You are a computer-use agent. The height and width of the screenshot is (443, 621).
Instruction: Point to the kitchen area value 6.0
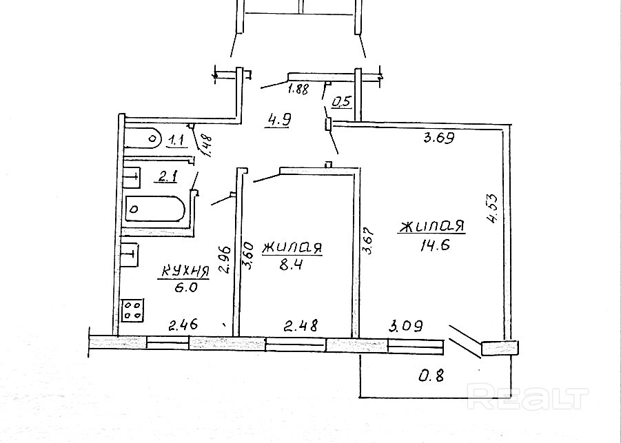click(x=186, y=288)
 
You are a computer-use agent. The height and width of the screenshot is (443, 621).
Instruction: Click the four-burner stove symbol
click(x=133, y=310)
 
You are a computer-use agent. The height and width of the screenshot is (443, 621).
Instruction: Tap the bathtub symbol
click(x=155, y=208)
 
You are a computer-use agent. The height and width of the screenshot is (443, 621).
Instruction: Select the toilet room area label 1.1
click(x=175, y=141)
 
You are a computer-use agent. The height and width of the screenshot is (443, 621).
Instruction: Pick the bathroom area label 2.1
click(x=167, y=178)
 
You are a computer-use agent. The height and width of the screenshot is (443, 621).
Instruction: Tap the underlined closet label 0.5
click(x=342, y=103)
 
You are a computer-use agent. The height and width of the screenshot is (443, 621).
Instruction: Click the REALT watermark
click(x=529, y=398)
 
